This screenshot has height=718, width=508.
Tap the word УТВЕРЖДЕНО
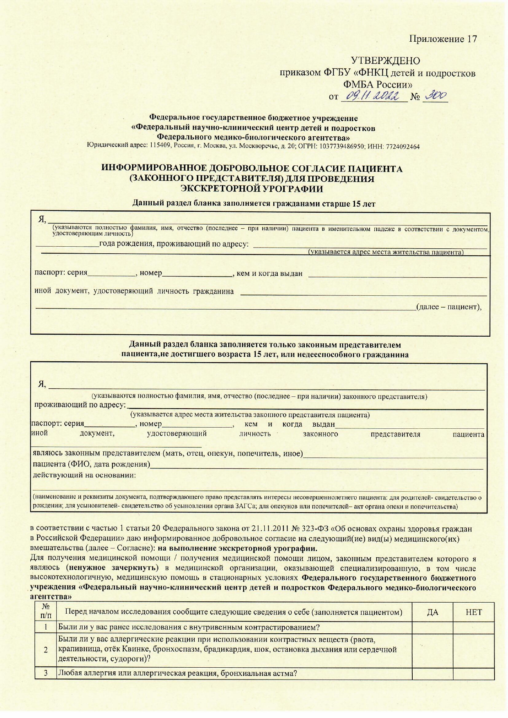point(385,61)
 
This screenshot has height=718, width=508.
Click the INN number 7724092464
point(402,146)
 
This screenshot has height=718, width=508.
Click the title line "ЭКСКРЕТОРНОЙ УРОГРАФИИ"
point(252,189)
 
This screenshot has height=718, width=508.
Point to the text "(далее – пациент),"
point(449,306)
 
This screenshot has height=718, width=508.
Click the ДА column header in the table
point(432,612)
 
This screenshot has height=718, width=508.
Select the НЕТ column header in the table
point(474,612)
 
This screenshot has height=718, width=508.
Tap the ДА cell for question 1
point(432,627)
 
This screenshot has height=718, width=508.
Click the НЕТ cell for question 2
point(474,649)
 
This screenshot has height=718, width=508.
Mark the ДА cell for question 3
point(432,673)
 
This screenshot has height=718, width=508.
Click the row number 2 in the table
point(46,649)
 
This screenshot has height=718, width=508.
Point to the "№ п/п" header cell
point(46,612)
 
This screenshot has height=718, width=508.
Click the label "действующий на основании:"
point(84,475)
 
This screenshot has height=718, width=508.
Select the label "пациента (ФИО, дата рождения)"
point(91,465)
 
